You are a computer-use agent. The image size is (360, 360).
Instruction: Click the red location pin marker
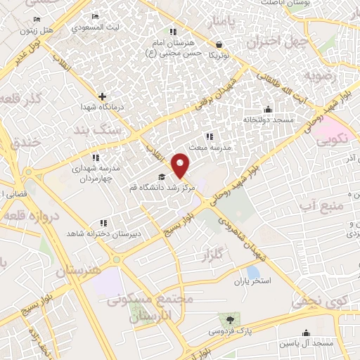click(181, 165)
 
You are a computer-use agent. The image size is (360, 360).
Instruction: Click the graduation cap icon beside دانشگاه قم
click(161, 176)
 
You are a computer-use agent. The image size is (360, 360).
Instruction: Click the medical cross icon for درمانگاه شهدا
click(103, 96)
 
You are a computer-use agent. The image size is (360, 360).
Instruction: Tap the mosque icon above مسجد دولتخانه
click(267, 109)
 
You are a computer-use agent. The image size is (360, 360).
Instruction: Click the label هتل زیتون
click(56, 30)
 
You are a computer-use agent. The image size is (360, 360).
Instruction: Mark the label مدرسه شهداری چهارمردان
click(94, 173)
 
